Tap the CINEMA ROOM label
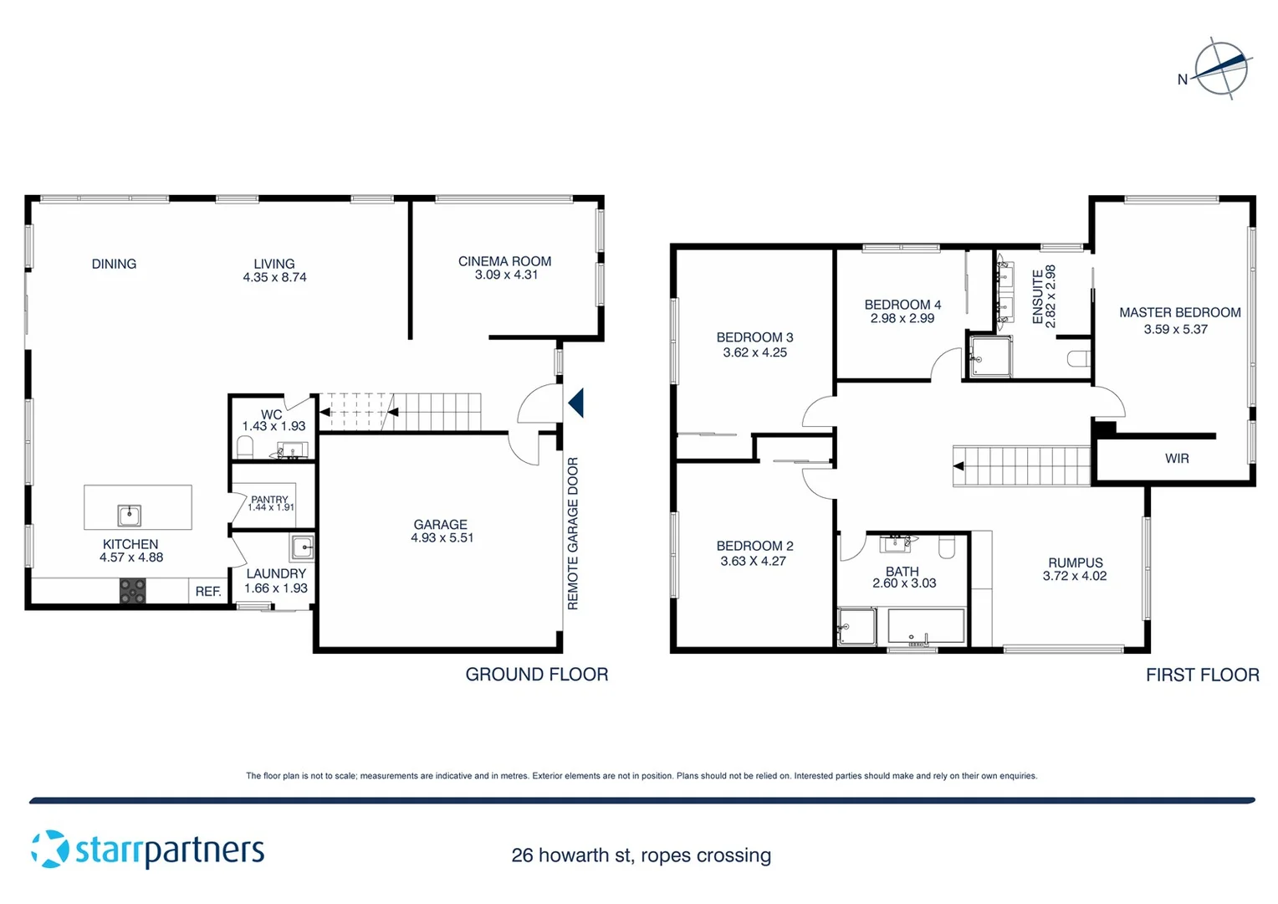pos(504,261)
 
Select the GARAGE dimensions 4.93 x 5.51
pos(442,538)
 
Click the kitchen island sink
pos(129,515)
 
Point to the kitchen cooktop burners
pos(132,591)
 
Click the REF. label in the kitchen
pos(207,591)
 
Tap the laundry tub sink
pos(302,548)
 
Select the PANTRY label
pos(269,499)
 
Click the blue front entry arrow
pos(575,403)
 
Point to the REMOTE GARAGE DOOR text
pos(573,533)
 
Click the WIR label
pos(1176,459)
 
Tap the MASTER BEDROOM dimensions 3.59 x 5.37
pos(1175,330)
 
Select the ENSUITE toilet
pos(1079,359)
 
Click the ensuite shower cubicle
pos(989,357)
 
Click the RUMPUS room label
pos(1075,562)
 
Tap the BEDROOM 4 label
pos(902,305)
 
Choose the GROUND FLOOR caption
pos(536,675)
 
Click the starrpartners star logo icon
pos(49,849)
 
